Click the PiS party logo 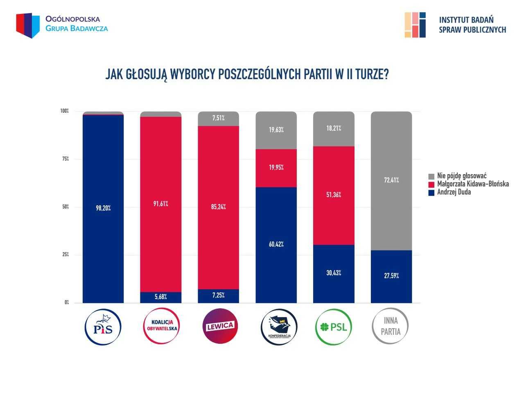pos(103,327)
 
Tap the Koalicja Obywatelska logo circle pos(162,327)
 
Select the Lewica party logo pos(220,326)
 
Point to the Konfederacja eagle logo pos(279,327)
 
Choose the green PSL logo pos(334,327)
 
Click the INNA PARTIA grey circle pos(391,326)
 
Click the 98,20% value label pos(103,208)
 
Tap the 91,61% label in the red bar pos(161,204)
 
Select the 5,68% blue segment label pos(161,297)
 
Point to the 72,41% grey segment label pos(391,180)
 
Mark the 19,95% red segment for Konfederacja pos(276,168)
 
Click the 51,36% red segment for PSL pos(334,195)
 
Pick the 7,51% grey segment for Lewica pos(218,118)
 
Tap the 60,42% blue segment pos(276,244)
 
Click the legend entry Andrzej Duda pos(454,192)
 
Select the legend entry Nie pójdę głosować pos(461,176)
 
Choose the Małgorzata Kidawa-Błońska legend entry pos(472,184)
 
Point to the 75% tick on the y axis pos(65,159)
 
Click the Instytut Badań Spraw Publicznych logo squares pos(415,25)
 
